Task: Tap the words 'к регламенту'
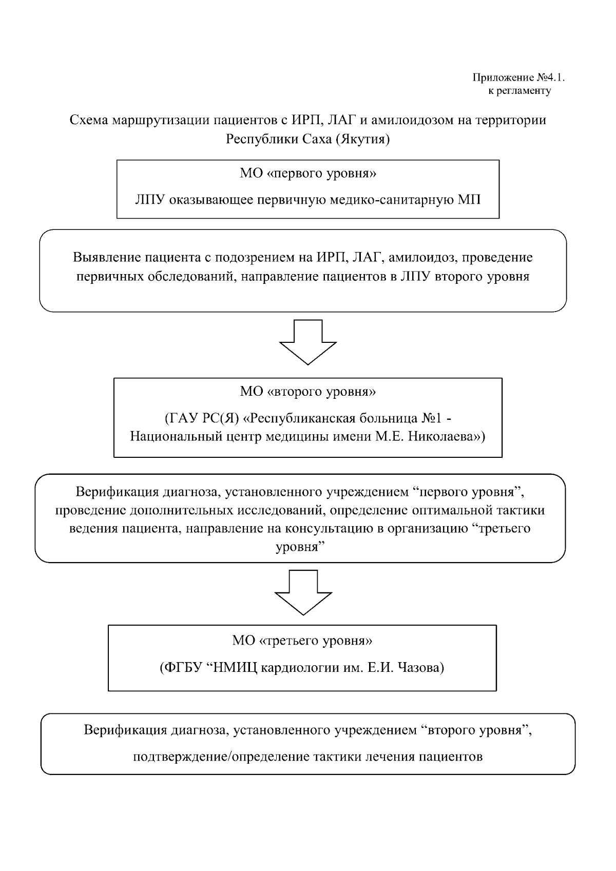[519, 91]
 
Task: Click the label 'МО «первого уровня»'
[307, 173]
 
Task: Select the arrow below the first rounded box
[307, 342]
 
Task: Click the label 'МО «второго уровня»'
[307, 392]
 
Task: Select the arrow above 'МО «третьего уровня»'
[303, 592]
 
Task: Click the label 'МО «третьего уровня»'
[302, 641]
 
